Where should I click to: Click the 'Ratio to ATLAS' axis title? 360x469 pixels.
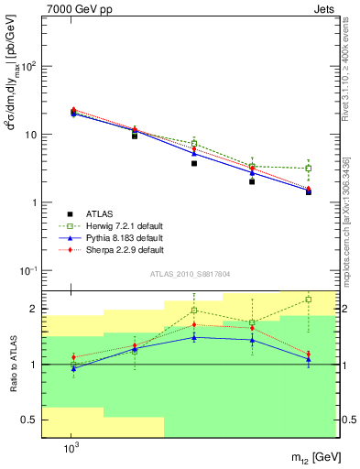(x=13, y=365)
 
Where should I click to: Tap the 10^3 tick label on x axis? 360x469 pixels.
(x=71, y=448)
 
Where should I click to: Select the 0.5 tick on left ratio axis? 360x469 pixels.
(x=30, y=420)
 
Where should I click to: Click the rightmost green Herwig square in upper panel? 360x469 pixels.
(x=309, y=169)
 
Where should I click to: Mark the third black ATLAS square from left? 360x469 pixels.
(x=194, y=163)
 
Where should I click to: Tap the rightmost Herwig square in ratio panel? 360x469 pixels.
(x=309, y=299)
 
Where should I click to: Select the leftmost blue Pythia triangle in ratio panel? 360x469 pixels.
(x=73, y=368)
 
